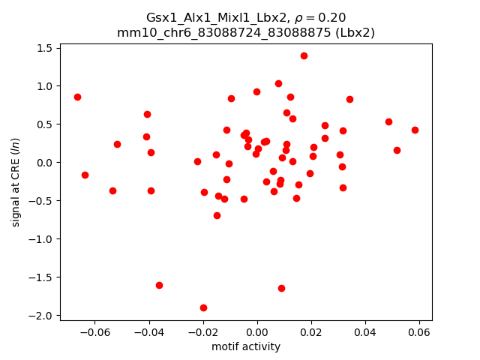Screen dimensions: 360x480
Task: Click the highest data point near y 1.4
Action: click(x=304, y=55)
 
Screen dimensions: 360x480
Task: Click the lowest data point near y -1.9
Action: click(x=203, y=307)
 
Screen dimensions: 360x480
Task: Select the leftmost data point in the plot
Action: click(x=77, y=97)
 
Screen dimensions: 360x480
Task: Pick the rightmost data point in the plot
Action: click(x=415, y=130)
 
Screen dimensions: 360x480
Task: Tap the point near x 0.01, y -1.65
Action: click(x=281, y=288)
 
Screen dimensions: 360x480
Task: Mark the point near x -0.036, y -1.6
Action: click(x=159, y=285)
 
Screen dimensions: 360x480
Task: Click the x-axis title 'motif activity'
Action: click(x=246, y=346)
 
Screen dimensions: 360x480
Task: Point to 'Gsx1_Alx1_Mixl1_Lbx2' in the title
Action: click(x=205, y=17)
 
